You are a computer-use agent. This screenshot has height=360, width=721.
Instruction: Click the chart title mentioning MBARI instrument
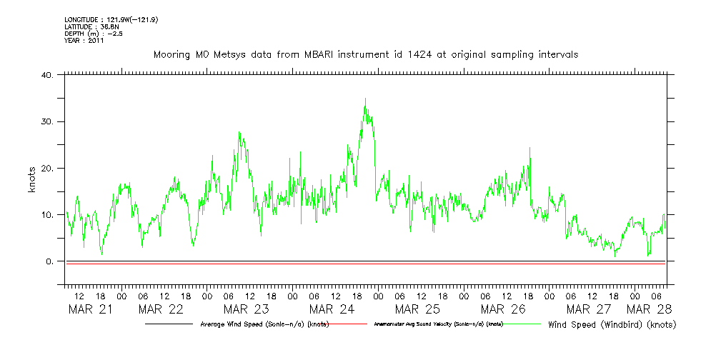tap(365, 54)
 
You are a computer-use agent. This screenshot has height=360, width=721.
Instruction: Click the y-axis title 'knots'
tap(31, 180)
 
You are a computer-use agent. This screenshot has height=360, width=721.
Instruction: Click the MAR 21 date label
tap(90, 309)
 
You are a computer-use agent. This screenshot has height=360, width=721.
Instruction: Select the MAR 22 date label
tap(161, 309)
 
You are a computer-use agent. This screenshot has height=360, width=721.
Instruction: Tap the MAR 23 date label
tap(247, 309)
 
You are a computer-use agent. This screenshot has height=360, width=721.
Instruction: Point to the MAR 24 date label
tap(332, 309)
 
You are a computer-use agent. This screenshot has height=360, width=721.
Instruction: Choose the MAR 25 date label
tap(418, 309)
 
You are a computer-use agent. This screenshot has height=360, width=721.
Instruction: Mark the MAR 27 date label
tap(589, 309)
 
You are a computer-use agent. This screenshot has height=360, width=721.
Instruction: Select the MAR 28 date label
tap(649, 309)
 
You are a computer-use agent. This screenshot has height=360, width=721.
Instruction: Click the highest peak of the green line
tap(365, 99)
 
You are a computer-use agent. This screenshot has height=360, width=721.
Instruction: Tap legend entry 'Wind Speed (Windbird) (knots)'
tap(612, 324)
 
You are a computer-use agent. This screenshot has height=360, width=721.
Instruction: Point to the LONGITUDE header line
tap(111, 19)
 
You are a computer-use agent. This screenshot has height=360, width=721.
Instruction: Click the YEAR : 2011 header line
tap(84, 41)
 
